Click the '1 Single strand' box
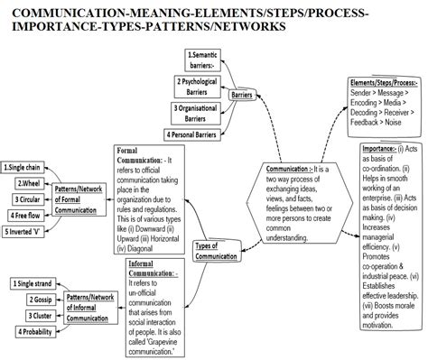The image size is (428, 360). click(32, 284)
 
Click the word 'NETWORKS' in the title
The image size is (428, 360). click(242, 26)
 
